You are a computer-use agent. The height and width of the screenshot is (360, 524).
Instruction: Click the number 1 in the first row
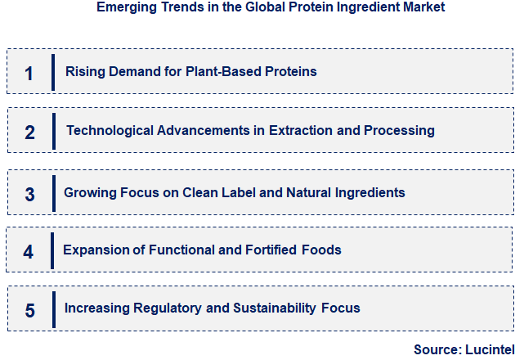click(29, 74)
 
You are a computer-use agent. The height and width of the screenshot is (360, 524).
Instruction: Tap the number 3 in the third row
click(30, 194)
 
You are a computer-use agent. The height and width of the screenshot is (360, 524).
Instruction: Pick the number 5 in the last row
click(30, 310)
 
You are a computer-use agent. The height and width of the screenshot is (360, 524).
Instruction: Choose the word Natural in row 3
click(316, 193)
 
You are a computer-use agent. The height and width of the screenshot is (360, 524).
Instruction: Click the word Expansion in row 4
click(94, 250)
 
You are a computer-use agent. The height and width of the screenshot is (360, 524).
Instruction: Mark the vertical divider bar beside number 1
click(53, 72)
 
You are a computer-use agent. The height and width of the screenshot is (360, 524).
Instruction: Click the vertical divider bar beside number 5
click(54, 309)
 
